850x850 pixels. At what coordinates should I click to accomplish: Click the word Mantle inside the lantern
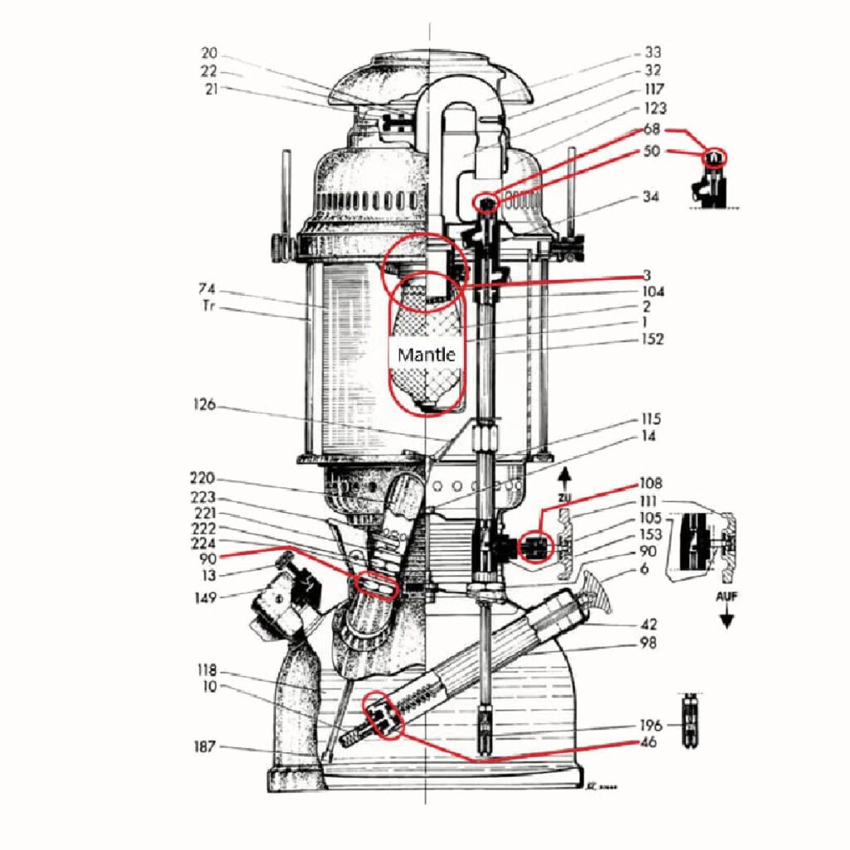pos(427,355)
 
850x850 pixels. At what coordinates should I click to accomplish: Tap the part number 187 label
pos(204,746)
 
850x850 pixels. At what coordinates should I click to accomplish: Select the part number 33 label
pos(654,52)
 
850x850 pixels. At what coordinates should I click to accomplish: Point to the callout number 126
pos(204,405)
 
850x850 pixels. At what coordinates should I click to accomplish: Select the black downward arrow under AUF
pos(726,619)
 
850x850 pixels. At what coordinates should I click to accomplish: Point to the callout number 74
pos(207,289)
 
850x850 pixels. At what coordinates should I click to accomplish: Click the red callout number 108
pos(652,483)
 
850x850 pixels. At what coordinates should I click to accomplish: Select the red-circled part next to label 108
pos(536,547)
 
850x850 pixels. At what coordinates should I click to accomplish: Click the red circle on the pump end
pos(383,715)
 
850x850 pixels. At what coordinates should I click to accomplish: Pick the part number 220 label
pos(202,478)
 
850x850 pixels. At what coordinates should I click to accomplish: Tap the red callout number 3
pos(645,276)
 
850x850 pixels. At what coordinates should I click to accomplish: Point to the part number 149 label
pos(205,598)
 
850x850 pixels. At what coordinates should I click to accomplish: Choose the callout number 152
pos(652,339)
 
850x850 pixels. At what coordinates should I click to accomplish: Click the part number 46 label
pos(649,742)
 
